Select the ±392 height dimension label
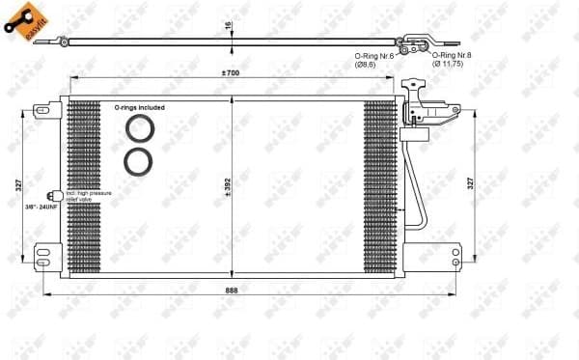point(227,183)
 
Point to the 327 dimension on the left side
point(18,183)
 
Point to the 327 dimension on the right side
point(469,182)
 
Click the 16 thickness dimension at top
point(228,27)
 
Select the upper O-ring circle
point(139,129)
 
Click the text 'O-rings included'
point(139,108)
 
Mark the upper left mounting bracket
point(44,111)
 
